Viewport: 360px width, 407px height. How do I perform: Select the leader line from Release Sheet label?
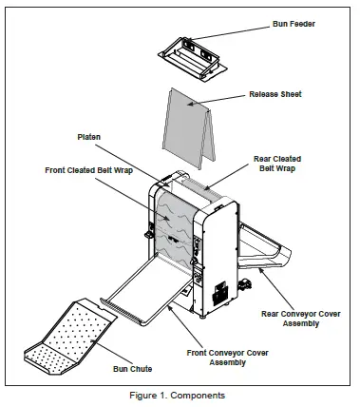click(x=227, y=99)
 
